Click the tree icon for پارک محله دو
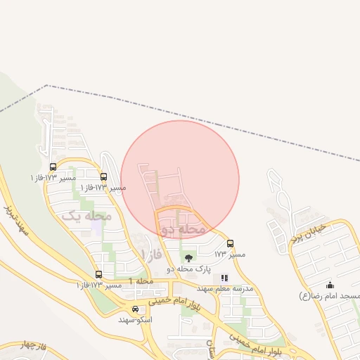pos(187,259)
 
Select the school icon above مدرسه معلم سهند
pos(224,278)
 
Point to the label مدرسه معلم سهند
pos(224,289)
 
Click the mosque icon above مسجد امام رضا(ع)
pos(330,285)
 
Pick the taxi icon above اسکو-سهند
pos(136,309)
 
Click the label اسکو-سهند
pos(136,319)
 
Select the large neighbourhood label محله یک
pos(87,216)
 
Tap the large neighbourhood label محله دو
pos(184,229)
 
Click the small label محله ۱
pos(141,281)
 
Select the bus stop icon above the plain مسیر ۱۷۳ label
pos(231,243)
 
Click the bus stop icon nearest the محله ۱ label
pos(98,275)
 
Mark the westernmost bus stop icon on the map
pos(53,167)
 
